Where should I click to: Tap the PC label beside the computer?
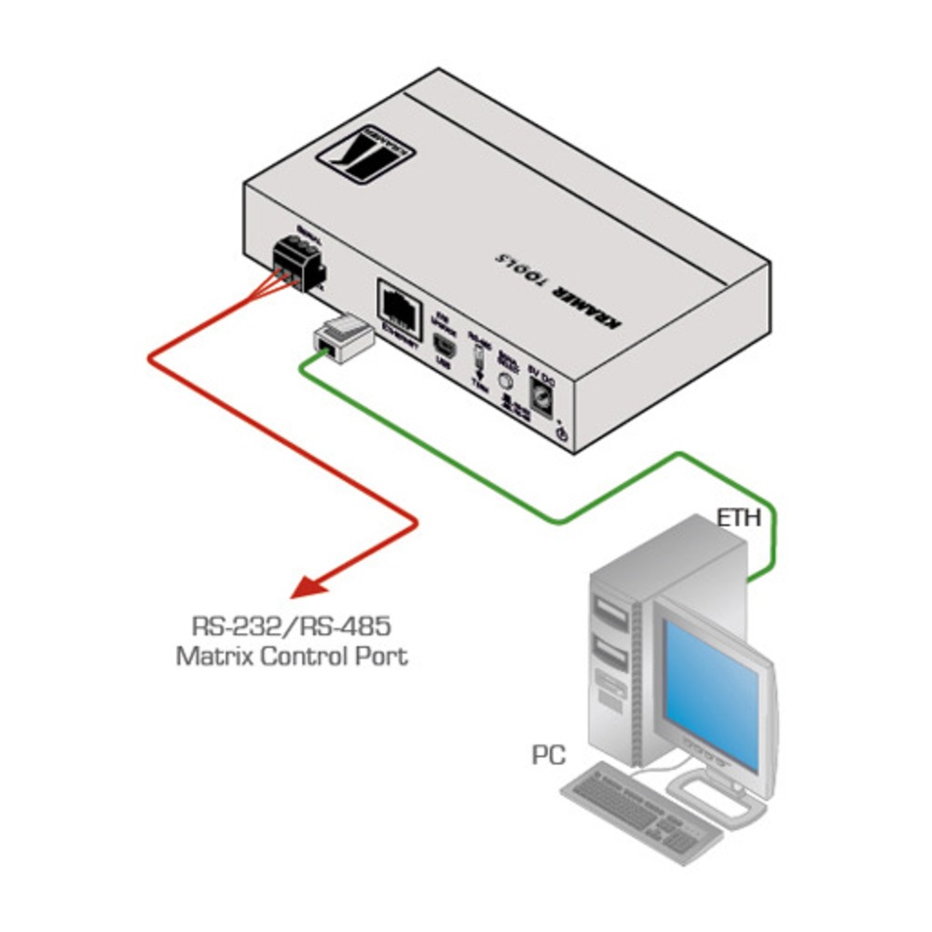[549, 754]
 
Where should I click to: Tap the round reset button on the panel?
[506, 380]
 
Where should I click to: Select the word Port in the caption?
[382, 655]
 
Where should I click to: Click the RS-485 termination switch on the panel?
[478, 357]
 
